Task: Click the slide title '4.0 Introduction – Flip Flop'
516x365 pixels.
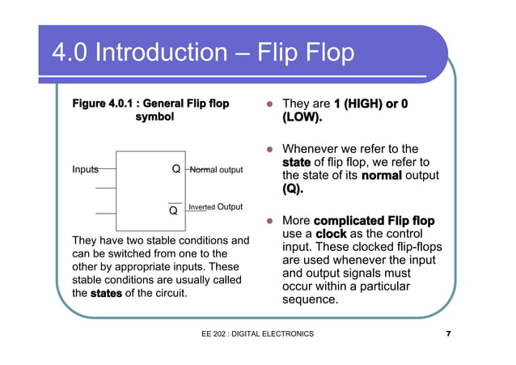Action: pyautogui.click(x=203, y=53)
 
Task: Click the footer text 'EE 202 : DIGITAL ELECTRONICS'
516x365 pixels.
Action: pyautogui.click(x=258, y=334)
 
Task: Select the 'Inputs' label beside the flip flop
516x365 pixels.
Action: pyautogui.click(x=85, y=170)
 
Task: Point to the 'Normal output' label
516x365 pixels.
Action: pyautogui.click(x=216, y=170)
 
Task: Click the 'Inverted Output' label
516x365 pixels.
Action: pyautogui.click(x=215, y=207)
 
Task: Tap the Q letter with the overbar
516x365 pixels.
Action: pyautogui.click(x=173, y=211)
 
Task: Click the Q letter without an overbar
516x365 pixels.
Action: pyautogui.click(x=176, y=170)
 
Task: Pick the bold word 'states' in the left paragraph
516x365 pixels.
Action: pyautogui.click(x=106, y=292)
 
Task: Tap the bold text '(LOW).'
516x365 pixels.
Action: pyautogui.click(x=302, y=118)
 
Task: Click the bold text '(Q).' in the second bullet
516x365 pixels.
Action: pyautogui.click(x=294, y=189)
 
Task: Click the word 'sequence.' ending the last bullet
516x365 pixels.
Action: pyautogui.click(x=310, y=299)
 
